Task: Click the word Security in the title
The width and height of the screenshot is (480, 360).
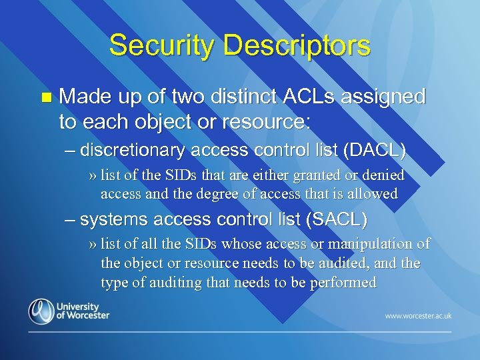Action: (x=153, y=45)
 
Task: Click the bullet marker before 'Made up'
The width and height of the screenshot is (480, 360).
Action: (x=45, y=98)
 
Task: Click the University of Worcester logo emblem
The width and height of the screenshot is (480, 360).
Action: (x=41, y=312)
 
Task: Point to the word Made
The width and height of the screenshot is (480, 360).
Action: (x=79, y=97)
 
